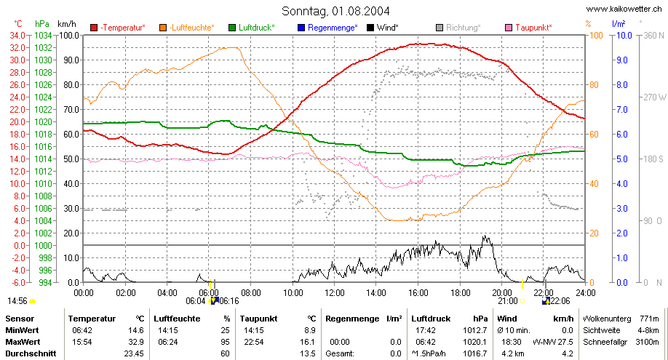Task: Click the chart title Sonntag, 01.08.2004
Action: (x=335, y=11)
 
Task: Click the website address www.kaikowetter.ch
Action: (x=624, y=9)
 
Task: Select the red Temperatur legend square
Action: (x=94, y=28)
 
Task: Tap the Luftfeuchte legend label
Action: (x=192, y=28)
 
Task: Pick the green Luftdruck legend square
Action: (x=232, y=28)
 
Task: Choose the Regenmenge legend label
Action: (x=333, y=28)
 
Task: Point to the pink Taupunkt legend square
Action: (x=509, y=28)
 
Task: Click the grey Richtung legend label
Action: (x=464, y=28)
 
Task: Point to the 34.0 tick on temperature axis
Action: (x=17, y=36)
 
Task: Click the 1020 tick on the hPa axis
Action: (x=43, y=122)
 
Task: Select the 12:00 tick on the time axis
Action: (x=335, y=293)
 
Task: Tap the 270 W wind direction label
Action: (x=655, y=97)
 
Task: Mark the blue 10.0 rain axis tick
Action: (x=624, y=36)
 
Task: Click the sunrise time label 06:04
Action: (x=196, y=301)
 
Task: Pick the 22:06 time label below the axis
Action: (x=560, y=301)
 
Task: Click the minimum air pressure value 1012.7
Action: (x=474, y=330)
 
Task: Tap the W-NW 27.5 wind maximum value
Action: (x=553, y=342)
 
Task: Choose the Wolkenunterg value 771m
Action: (x=649, y=319)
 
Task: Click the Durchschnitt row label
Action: (x=31, y=353)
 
